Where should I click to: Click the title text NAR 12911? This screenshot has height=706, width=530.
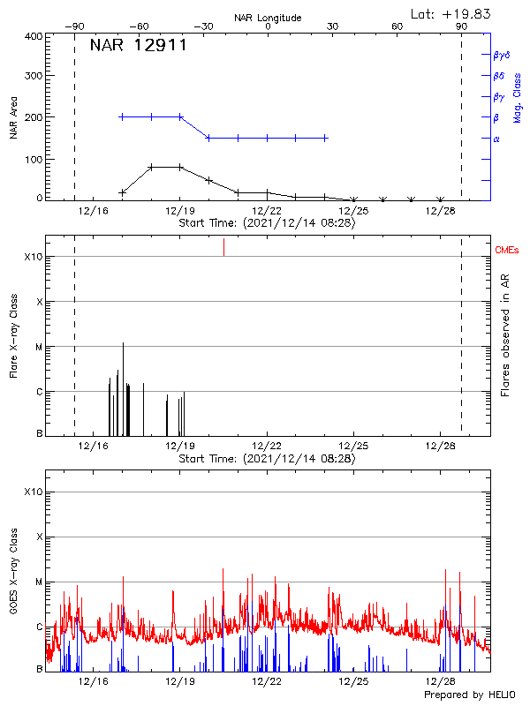click(138, 46)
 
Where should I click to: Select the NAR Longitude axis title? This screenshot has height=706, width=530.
click(268, 18)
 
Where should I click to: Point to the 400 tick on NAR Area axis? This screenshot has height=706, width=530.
click(33, 36)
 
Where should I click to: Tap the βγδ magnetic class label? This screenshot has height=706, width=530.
click(501, 55)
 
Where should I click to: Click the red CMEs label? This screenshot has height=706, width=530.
click(507, 251)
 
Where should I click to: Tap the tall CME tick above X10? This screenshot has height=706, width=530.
click(223, 247)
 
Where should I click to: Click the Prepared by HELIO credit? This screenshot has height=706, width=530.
click(468, 695)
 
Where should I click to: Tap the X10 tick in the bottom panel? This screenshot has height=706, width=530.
click(33, 492)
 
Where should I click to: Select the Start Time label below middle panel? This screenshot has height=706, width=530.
click(267, 459)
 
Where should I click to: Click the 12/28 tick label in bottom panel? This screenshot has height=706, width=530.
click(440, 683)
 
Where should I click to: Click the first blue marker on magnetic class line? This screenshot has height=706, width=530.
click(122, 116)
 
